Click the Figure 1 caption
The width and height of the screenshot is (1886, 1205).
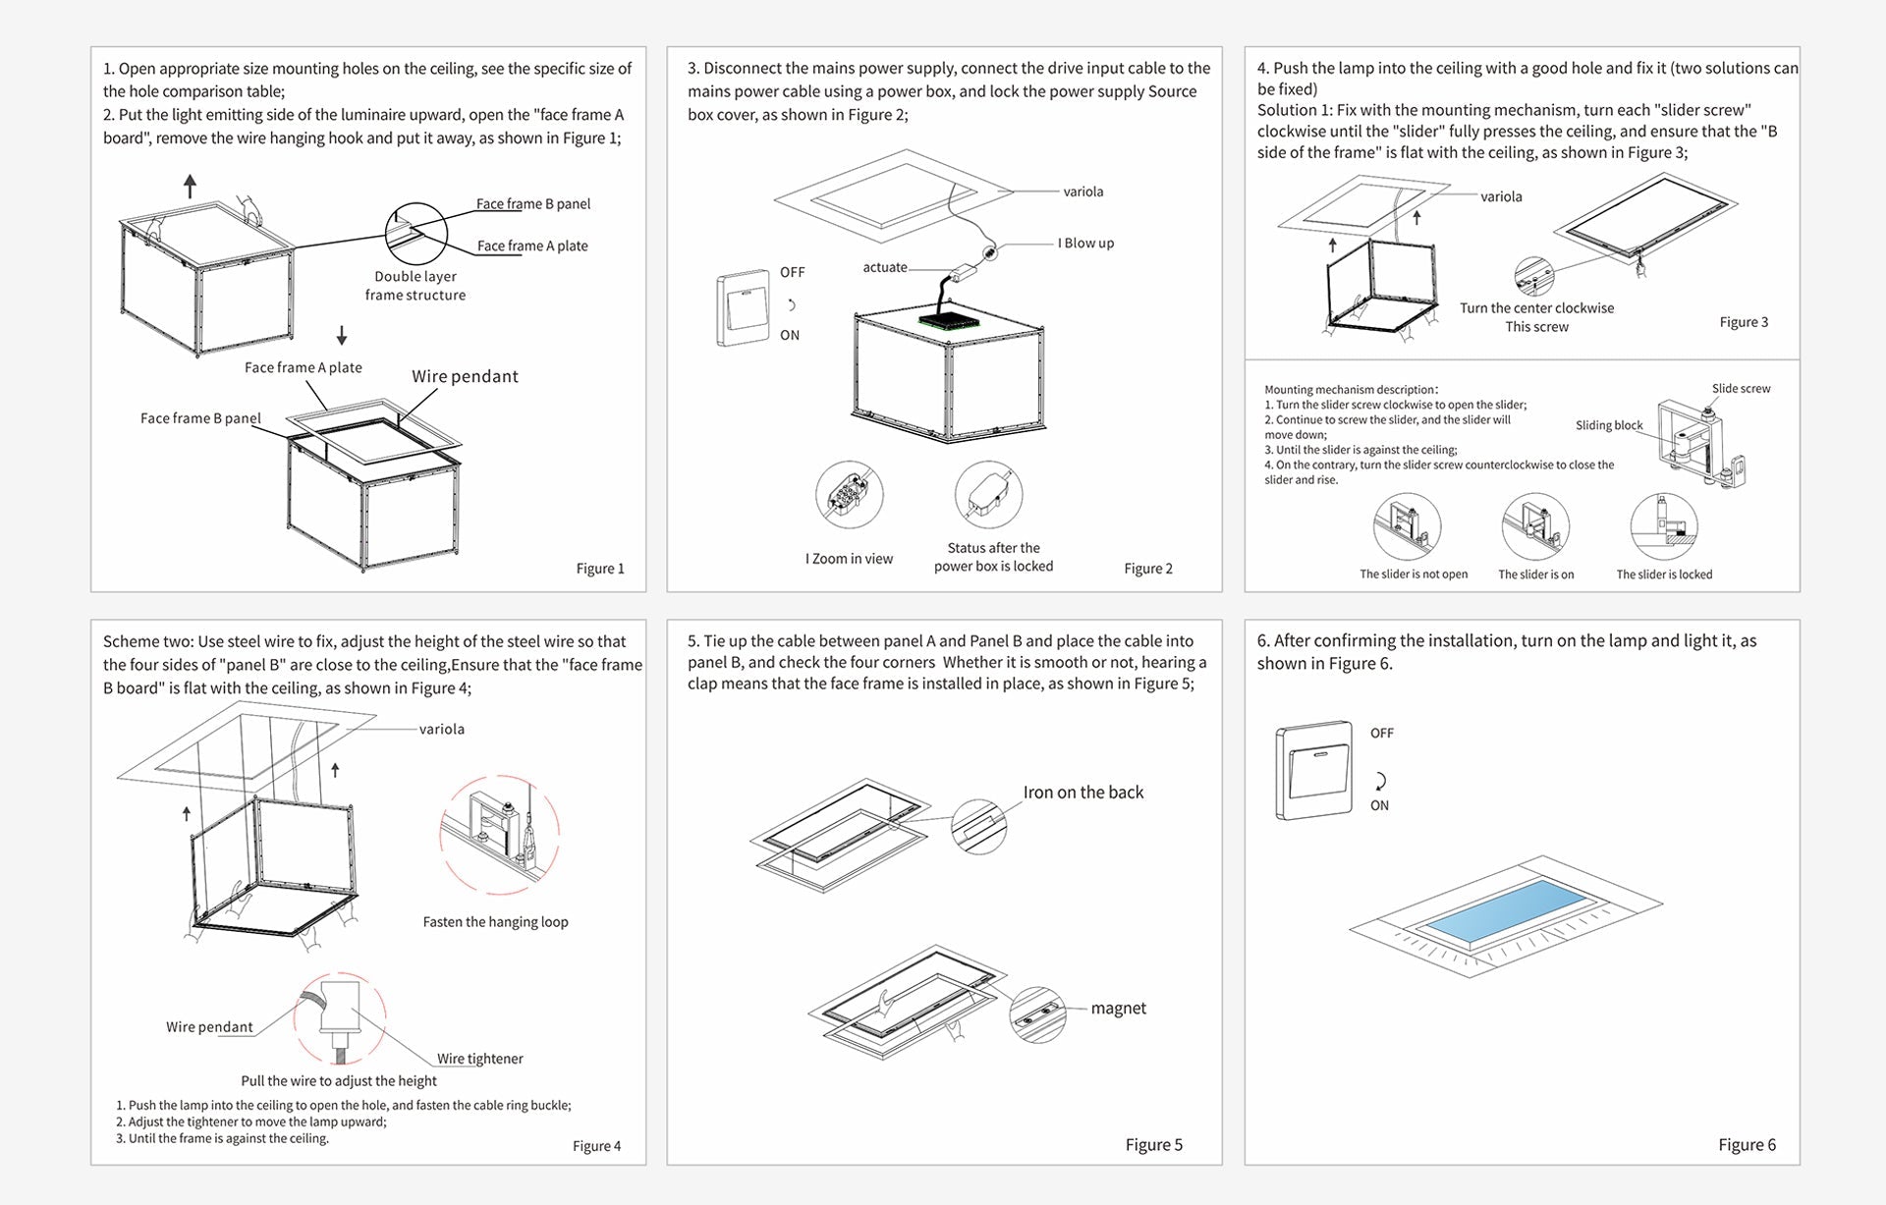(599, 569)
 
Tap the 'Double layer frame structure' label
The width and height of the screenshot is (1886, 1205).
(416, 286)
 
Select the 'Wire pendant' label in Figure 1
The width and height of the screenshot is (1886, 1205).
(465, 376)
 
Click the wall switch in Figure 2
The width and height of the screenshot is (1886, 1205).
(743, 307)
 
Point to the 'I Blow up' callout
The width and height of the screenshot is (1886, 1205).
(1085, 244)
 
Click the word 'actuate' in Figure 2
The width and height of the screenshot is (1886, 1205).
(884, 267)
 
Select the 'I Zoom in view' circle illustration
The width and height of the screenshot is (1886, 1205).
(850, 494)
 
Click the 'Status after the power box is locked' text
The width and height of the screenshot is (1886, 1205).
(993, 557)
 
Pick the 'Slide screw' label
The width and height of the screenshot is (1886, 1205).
(1741, 389)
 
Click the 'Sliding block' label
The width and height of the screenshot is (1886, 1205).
(1609, 425)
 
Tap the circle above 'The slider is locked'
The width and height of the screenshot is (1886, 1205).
(1663, 527)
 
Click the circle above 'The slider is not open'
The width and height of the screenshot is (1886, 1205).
(1407, 527)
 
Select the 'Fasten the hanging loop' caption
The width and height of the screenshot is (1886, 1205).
(495, 922)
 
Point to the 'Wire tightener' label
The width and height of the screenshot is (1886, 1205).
(479, 1059)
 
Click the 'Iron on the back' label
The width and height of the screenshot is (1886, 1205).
(1082, 793)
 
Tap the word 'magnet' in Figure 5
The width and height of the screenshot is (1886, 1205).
(1118, 1009)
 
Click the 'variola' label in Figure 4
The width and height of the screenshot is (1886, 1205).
(441, 729)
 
